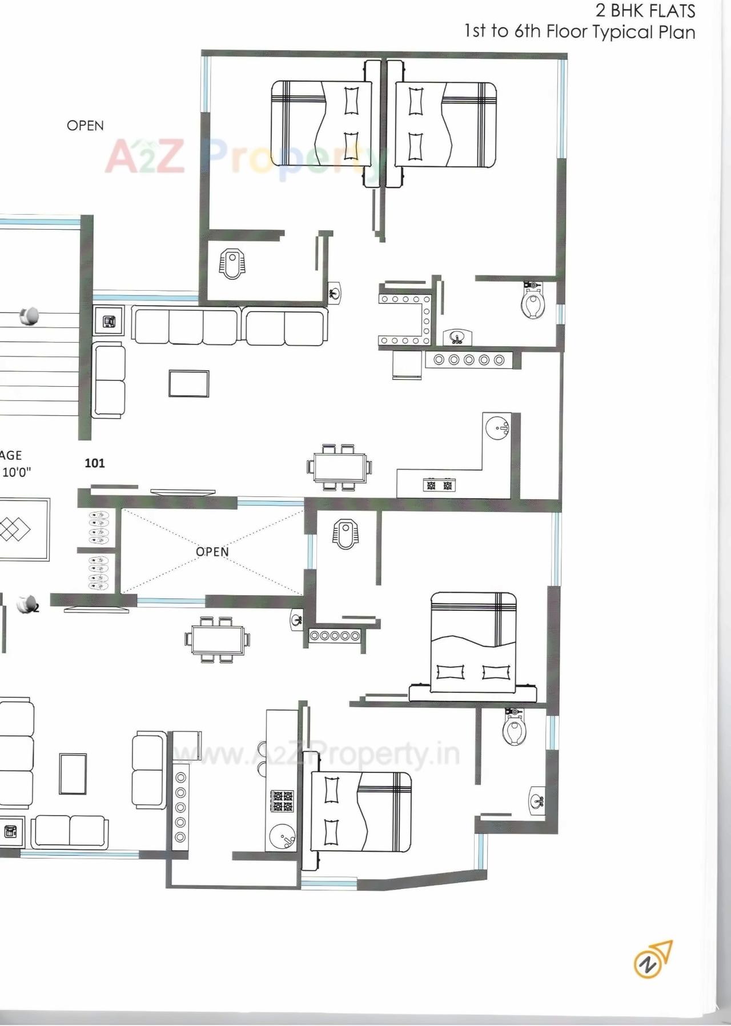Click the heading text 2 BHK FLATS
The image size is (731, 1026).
tap(645, 10)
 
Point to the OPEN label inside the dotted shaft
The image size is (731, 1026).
tap(212, 551)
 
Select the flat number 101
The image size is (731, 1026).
tap(95, 463)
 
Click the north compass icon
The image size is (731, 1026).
tap(653, 959)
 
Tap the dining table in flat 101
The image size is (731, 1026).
tap(338, 467)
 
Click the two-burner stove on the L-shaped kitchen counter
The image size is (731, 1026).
tap(439, 486)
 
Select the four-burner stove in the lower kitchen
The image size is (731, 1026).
tap(282, 801)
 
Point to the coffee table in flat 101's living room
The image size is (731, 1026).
tap(188, 383)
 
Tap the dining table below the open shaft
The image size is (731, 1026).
tap(218, 640)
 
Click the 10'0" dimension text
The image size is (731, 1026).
tap(17, 472)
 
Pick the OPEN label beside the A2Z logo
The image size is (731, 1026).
tap(85, 126)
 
